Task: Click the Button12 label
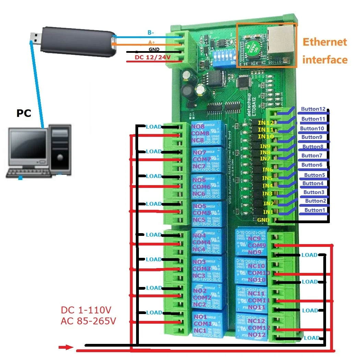click(313, 109)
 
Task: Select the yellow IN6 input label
click(268, 169)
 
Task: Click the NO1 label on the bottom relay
click(200, 317)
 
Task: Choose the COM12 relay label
click(259, 328)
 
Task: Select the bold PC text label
click(24, 113)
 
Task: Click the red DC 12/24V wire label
click(153, 58)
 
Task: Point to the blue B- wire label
click(151, 33)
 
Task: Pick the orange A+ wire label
click(152, 42)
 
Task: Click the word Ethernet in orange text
click(325, 42)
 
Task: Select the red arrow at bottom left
click(65, 348)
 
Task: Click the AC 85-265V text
click(88, 321)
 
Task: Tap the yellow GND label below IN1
click(263, 220)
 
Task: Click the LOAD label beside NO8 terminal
click(154, 127)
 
